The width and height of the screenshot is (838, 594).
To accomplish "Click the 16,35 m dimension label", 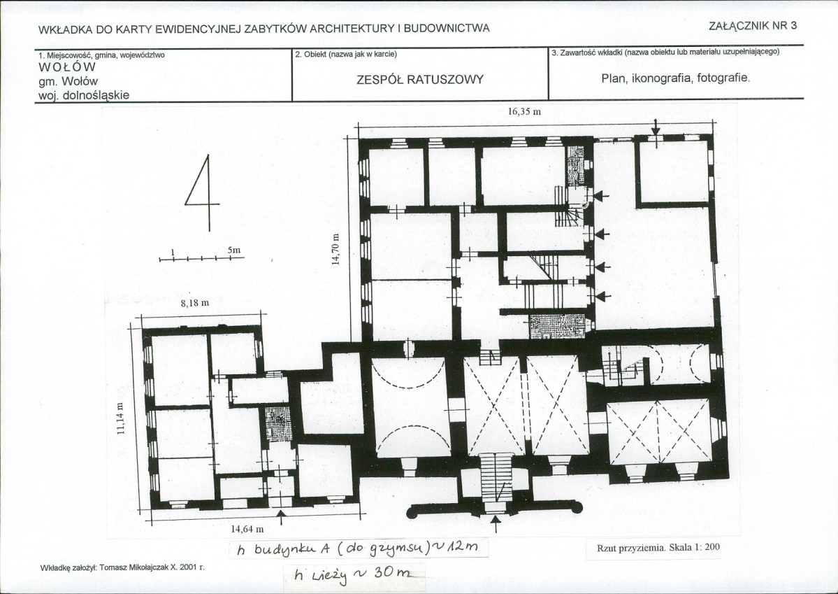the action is coord(523,112).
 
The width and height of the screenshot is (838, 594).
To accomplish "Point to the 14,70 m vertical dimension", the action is coord(335,249).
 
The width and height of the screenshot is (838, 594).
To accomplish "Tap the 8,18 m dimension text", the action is coord(194,304).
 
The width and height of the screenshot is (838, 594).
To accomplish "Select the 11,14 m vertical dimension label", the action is coord(120,419).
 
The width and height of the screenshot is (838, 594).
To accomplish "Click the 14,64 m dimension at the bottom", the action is coord(247,529).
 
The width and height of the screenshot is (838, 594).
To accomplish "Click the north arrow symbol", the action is coord(203,192).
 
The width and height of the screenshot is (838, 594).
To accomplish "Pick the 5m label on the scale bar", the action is coord(233,250).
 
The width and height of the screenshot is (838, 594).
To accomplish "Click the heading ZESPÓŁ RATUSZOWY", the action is coord(419,80).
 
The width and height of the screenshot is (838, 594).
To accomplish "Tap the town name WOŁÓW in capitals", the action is coord(67,67).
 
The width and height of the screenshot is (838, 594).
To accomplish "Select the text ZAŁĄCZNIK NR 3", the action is coord(753,25).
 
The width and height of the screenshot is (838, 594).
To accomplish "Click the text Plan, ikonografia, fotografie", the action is coord(676,78).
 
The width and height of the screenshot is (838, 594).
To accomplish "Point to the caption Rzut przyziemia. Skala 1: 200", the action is coord(658,547).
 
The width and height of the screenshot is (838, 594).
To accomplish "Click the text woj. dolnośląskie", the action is coord(84,95).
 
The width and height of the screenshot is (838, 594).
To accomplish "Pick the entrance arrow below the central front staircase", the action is coord(496,525).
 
